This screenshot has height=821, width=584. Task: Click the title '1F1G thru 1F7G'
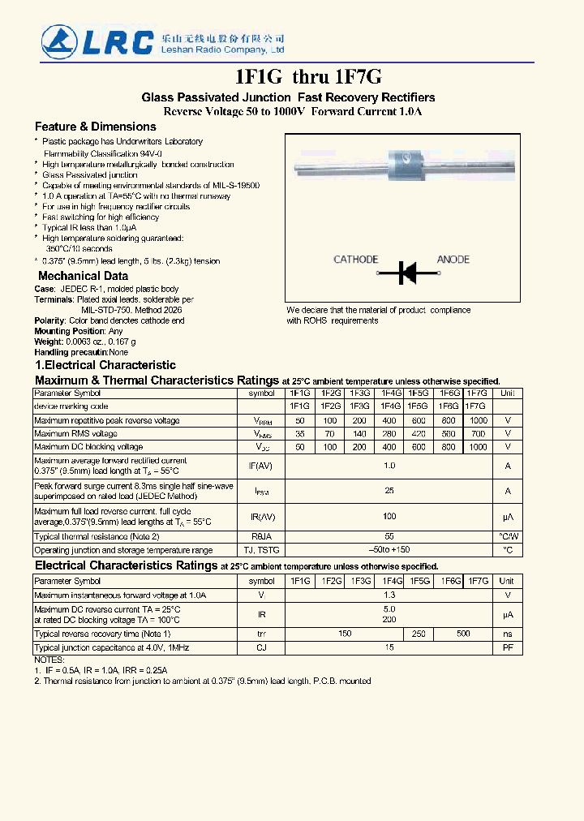pos(307,77)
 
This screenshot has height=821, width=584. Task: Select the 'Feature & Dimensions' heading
pos(95,127)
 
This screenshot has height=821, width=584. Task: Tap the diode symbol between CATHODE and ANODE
pos(407,273)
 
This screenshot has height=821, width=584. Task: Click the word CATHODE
pos(356,260)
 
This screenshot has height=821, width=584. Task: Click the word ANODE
pos(453,260)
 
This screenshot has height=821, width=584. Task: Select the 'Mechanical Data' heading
pos(83,276)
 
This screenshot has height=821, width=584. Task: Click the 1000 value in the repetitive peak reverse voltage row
pos(479,421)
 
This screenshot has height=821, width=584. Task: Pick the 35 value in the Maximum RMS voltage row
pos(300,434)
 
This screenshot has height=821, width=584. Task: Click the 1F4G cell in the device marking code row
pos(390,406)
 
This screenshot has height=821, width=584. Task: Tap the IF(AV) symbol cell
pos(261,466)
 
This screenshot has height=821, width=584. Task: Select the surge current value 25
pos(389,491)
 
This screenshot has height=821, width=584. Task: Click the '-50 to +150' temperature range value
pos(389,550)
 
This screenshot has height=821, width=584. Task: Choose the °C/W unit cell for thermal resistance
pos(508,536)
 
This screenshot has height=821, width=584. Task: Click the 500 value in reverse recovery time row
pos(463,634)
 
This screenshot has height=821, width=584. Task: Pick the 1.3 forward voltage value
pos(389,595)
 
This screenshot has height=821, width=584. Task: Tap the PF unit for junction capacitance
pos(508,647)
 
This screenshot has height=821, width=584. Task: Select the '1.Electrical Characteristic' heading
pos(105,365)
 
